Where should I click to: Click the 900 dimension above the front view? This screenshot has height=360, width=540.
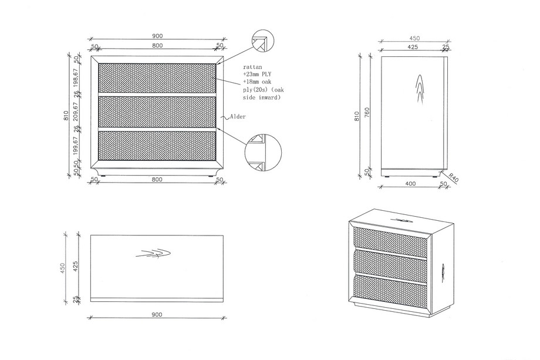tap(157, 36)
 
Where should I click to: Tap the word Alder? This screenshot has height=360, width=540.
tap(238, 117)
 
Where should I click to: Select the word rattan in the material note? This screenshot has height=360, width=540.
tap(252, 67)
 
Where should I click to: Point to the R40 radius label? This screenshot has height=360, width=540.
tap(454, 178)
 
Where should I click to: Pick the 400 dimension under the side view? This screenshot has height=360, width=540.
tap(410, 184)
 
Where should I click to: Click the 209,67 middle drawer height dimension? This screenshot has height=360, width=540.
tap(76, 111)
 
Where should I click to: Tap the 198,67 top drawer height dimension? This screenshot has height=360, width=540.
tap(76, 78)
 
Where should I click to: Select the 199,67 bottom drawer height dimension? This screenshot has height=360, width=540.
tap(76, 144)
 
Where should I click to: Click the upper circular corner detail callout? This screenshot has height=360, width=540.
tap(262, 41)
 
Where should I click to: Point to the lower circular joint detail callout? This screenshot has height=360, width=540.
tap(264, 153)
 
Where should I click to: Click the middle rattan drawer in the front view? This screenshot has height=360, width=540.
tap(157, 112)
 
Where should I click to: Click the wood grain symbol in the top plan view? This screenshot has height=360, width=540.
tap(153, 254)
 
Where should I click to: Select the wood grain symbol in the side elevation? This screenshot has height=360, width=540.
tap(420, 89)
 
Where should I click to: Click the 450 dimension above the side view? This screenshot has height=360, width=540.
tap(414, 39)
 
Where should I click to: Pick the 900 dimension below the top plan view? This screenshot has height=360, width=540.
tap(157, 315)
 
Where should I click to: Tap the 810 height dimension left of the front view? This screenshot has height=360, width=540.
tap(66, 116)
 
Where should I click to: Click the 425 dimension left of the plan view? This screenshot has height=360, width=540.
tap(76, 266)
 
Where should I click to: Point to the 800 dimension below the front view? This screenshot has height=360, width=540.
tap(157, 180)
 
